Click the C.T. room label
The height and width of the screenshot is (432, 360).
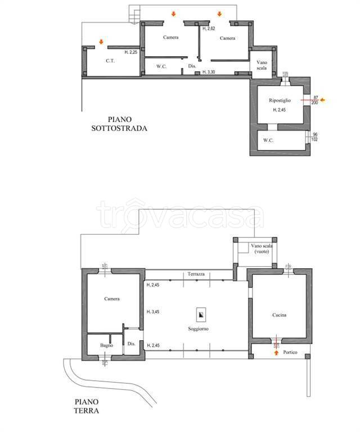click(110, 61)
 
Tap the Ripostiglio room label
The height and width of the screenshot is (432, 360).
click(280, 101)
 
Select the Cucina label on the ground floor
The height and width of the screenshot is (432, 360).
click(279, 315)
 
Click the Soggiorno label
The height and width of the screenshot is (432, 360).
click(198, 329)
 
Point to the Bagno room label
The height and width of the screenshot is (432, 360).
click(107, 345)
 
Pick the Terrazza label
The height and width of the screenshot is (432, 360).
click(196, 274)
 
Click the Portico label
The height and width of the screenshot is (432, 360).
click(290, 352)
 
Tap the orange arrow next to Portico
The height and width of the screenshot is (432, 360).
click(276, 353)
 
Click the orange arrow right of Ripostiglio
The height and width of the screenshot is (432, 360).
click(322, 100)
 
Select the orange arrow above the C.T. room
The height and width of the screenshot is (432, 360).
click(101, 42)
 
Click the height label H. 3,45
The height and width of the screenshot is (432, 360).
click(153, 312)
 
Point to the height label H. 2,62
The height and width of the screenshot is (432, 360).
click(209, 28)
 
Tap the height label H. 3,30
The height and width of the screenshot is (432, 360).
click(209, 72)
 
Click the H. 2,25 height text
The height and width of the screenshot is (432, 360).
click(131, 52)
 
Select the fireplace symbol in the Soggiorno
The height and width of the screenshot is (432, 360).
click(201, 314)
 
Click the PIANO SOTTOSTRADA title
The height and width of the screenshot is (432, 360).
click(119, 124)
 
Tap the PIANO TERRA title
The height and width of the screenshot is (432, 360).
click(87, 406)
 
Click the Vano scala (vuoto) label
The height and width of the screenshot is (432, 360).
click(262, 249)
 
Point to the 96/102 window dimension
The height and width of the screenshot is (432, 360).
click(314, 137)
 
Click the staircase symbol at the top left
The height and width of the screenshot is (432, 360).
click(134, 16)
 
